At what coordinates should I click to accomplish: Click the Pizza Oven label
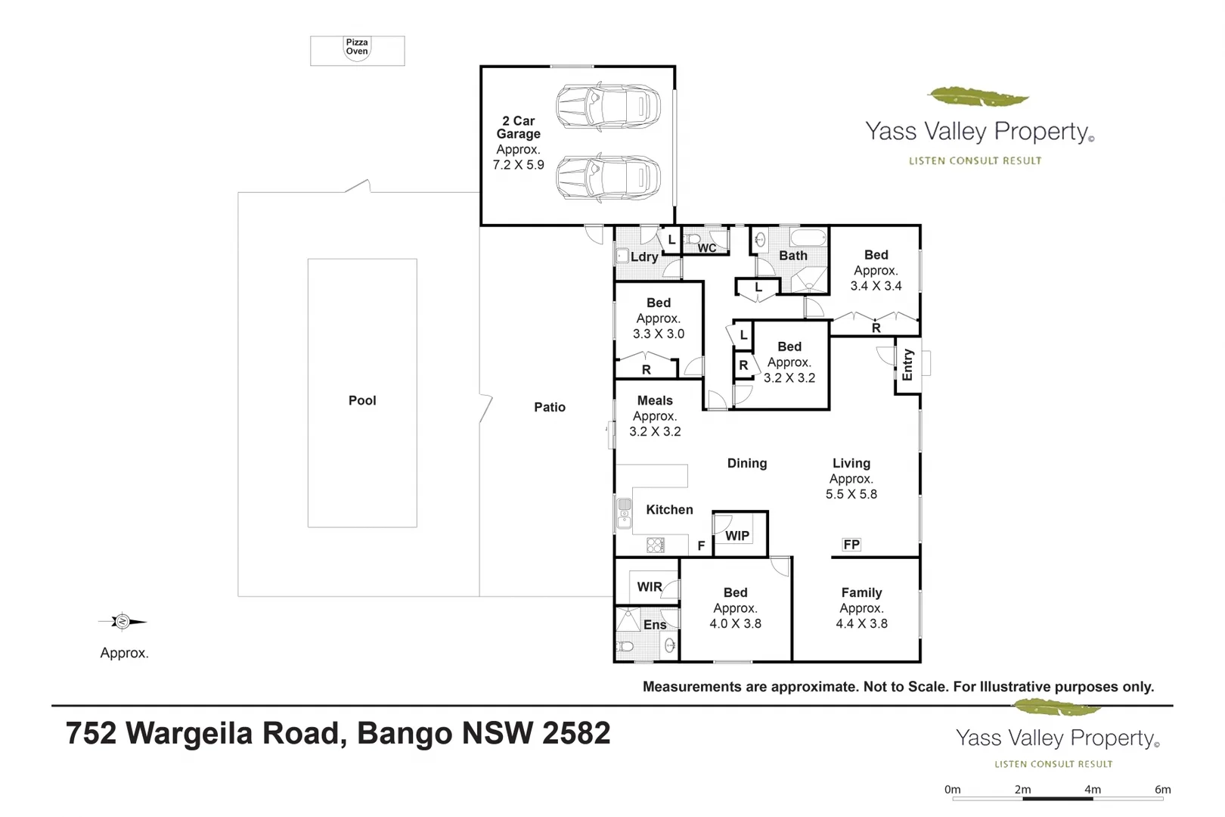[357, 47]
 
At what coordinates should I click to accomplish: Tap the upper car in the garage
[608, 107]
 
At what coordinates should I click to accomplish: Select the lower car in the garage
[608, 179]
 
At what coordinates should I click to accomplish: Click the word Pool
[362, 401]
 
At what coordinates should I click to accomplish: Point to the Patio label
[550, 407]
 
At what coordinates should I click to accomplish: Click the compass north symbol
[122, 622]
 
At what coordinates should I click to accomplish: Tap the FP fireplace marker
[851, 545]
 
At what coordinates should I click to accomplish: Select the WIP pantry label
[737, 536]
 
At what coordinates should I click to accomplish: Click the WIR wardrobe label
[650, 587]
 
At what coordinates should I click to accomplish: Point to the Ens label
[655, 625]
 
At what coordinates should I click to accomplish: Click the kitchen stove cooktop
[656, 545]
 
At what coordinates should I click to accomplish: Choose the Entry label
[907, 365]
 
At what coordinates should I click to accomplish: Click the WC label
[707, 248]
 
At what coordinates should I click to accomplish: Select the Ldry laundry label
[644, 257]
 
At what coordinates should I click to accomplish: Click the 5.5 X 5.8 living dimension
[851, 495]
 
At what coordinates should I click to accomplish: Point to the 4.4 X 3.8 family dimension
[861, 624]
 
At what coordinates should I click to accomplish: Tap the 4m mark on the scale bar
[1093, 790]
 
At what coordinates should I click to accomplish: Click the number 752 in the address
[91, 734]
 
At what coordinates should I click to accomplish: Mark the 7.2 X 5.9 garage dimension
[518, 165]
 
